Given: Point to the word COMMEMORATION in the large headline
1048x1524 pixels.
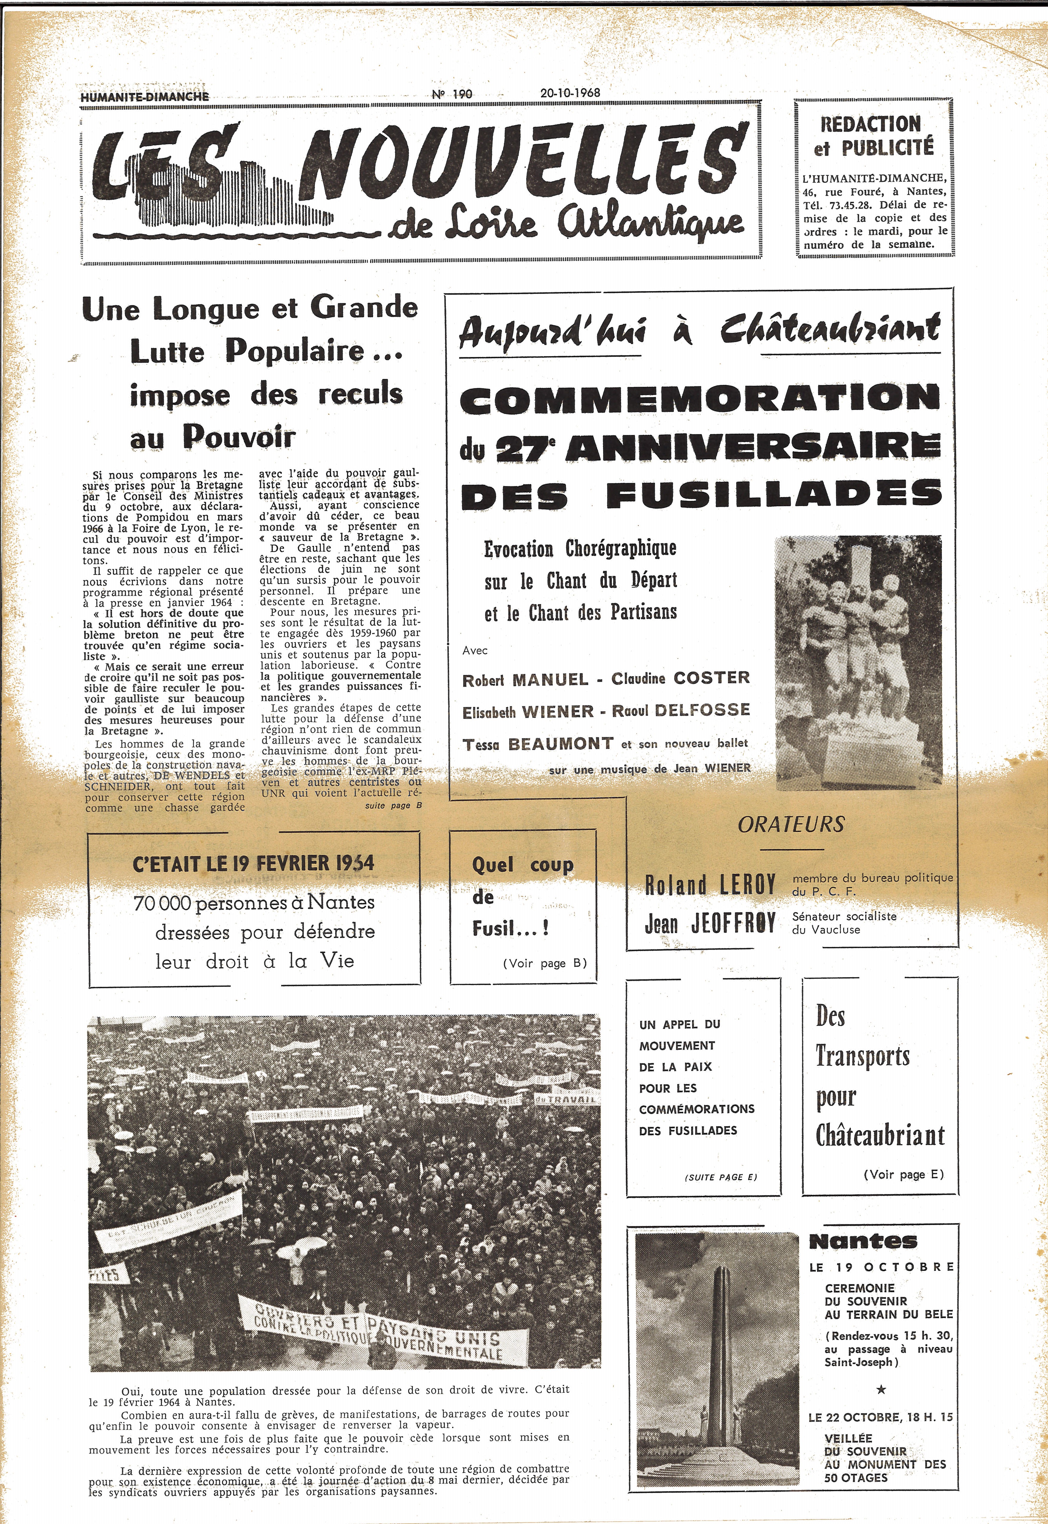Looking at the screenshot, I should point(699,399).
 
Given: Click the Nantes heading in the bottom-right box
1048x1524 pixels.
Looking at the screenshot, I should point(863,1241).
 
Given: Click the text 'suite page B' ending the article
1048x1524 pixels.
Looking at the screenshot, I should point(393,805).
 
